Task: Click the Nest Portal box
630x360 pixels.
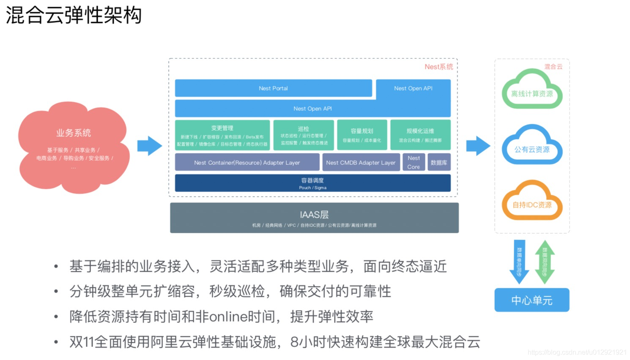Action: point(273,88)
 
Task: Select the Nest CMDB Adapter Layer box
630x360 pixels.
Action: point(361,162)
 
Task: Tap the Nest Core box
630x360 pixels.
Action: point(414,162)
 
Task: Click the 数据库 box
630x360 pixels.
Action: point(439,162)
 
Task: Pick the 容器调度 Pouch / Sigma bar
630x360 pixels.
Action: point(312,183)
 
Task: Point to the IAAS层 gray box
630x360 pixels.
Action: point(314,218)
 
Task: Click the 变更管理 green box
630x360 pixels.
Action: point(222,135)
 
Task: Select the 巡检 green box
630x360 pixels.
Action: point(304,135)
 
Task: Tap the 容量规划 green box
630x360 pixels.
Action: point(362,135)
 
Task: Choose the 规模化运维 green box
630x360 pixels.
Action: point(420,135)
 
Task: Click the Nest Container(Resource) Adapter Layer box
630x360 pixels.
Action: point(247,162)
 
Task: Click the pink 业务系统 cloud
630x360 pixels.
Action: point(74,146)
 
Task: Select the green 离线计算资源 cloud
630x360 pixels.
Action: point(532,91)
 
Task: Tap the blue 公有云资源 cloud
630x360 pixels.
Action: point(532,147)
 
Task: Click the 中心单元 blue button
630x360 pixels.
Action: point(532,300)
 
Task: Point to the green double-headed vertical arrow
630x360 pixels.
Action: point(545,262)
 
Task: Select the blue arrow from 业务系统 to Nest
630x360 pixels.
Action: point(149,146)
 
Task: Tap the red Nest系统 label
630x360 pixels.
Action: point(438,67)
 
